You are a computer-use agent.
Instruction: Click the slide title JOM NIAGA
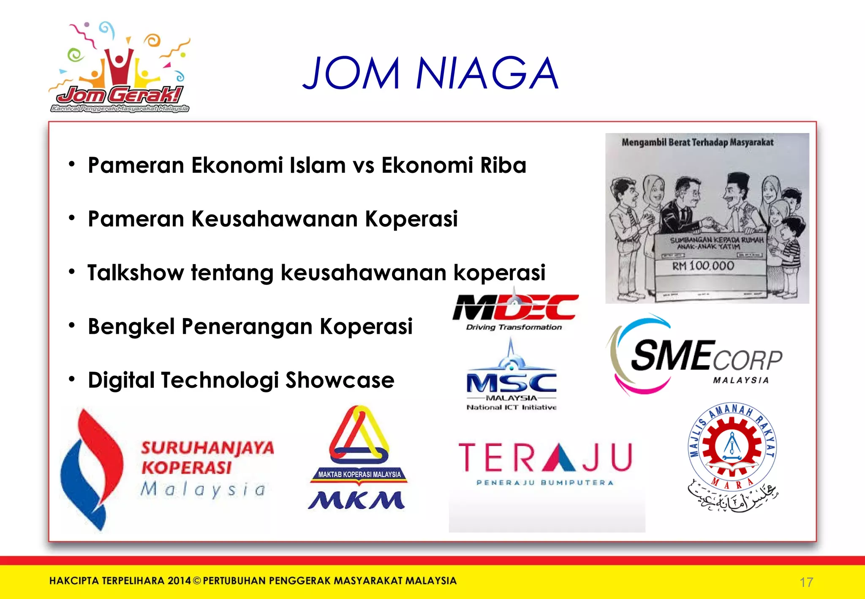point(431,74)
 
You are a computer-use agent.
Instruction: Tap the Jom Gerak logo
point(120,68)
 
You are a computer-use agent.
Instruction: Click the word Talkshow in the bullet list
point(136,272)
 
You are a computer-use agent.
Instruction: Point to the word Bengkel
point(131,327)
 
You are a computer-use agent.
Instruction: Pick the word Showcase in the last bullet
point(340,380)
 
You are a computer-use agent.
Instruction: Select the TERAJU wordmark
point(545,457)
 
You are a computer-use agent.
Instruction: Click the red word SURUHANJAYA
point(207,448)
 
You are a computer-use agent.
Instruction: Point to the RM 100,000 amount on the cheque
point(703,266)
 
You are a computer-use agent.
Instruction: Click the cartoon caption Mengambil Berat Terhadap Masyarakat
point(697,142)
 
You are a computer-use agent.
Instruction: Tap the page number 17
point(806,583)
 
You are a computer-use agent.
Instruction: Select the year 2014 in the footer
point(179,581)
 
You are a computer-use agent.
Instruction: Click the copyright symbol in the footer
point(197,581)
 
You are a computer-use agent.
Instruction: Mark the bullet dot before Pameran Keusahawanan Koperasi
point(72,218)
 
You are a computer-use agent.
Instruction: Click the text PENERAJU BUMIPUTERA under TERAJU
point(545,483)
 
